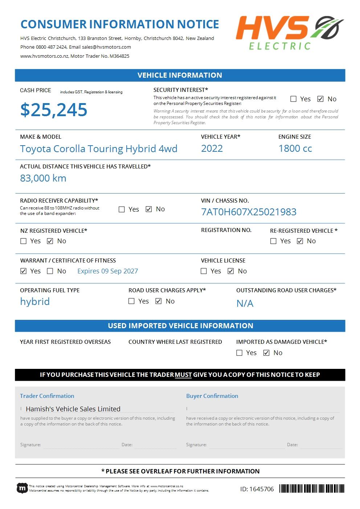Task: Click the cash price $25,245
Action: (54, 110)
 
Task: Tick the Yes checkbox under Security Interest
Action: (294, 99)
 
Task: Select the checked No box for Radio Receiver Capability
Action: (149, 209)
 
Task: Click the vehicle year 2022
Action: (212, 148)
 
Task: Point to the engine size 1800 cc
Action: (295, 148)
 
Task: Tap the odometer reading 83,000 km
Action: (43, 178)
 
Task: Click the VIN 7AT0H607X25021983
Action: (249, 212)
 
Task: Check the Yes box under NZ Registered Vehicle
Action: (24, 241)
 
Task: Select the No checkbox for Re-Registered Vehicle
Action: (300, 241)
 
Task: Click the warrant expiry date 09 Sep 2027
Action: (107, 271)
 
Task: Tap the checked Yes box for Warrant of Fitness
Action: (24, 271)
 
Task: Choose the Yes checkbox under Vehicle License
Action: (204, 271)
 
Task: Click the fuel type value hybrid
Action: (35, 302)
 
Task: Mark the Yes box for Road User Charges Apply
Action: (132, 301)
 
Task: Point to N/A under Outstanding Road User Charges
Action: (245, 304)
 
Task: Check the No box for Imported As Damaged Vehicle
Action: (266, 353)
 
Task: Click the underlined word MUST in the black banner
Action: (183, 375)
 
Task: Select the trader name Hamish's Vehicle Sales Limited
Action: (73, 409)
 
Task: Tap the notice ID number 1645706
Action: (257, 489)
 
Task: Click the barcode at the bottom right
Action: (312, 489)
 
